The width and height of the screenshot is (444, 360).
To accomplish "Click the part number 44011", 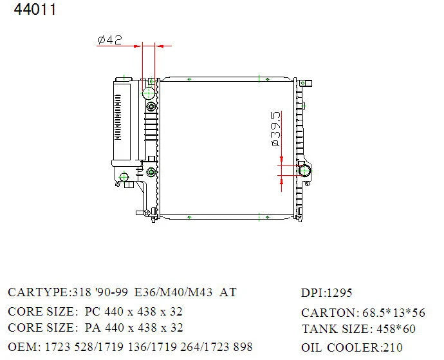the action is click(35, 10).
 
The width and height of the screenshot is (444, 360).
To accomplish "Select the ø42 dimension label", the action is click(110, 40).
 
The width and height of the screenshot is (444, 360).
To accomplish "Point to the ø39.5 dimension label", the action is click(276, 129).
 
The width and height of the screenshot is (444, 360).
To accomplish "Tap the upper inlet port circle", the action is click(149, 93).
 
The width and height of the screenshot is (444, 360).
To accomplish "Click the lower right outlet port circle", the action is click(304, 171).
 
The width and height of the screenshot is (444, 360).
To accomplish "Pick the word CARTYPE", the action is click(38, 292).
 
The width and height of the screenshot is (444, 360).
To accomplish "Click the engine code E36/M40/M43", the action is click(173, 292).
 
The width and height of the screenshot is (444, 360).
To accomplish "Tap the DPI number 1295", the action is click(340, 293).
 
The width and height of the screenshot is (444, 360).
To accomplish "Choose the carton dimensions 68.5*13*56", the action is click(394, 312).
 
